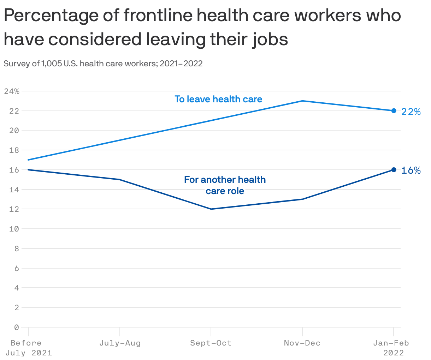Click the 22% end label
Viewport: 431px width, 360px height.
click(411, 112)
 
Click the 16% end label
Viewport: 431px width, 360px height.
click(411, 170)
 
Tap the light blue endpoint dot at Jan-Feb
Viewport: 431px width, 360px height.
click(394, 111)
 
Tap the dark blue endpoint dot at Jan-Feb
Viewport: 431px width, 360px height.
click(394, 170)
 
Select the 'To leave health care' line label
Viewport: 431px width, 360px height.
click(218, 99)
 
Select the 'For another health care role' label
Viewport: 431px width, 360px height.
click(225, 185)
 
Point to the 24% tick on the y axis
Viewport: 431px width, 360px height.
click(12, 91)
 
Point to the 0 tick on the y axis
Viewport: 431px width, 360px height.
click(16, 327)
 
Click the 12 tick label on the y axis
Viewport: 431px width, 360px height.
click(14, 209)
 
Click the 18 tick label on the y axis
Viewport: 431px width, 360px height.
click(14, 150)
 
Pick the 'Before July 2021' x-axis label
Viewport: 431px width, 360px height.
click(28, 348)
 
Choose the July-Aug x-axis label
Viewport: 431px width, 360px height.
click(120, 343)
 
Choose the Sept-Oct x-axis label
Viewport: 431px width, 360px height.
click(211, 343)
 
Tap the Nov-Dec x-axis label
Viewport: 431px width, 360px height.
click(302, 343)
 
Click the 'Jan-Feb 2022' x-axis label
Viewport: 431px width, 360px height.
click(391, 348)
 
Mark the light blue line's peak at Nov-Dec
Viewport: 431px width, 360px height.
click(302, 101)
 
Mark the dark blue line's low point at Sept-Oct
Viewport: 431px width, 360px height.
click(211, 209)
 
